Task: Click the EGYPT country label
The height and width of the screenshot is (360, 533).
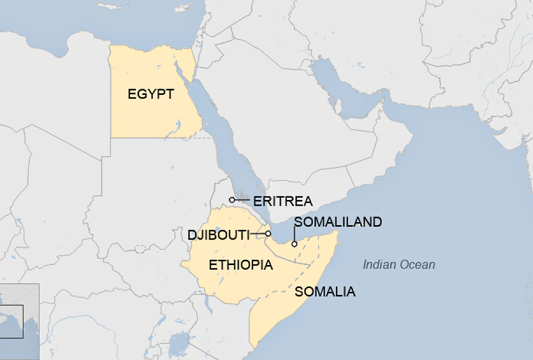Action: click(151, 94)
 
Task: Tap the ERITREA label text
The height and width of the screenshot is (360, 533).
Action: click(282, 202)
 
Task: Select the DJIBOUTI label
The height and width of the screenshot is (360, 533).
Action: click(218, 235)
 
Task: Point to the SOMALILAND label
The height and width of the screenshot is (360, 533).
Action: click(338, 222)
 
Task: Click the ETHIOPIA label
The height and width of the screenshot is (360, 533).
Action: click(241, 265)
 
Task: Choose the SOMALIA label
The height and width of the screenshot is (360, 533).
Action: click(325, 292)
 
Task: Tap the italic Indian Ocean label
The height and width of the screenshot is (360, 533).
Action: click(399, 265)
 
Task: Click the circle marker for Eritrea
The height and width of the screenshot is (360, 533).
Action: click(232, 200)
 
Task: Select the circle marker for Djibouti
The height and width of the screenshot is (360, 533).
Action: click(268, 234)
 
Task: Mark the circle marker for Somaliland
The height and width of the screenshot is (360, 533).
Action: click(294, 244)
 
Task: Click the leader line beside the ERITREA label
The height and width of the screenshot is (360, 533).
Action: click(242, 200)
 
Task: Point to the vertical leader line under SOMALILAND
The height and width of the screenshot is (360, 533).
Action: click(294, 235)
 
